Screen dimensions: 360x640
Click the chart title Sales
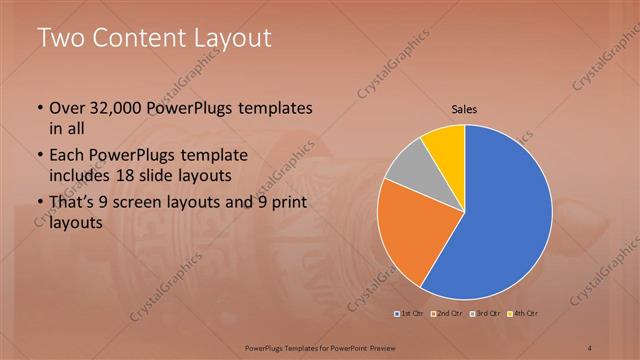(464, 108)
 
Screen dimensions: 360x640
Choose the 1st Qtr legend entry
(409, 314)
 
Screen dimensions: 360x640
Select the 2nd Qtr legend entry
(447, 314)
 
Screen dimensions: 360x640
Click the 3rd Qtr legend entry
(486, 314)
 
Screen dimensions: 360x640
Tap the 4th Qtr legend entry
(525, 314)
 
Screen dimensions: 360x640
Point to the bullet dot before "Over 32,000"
(39, 108)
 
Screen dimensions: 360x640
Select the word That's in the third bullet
(73, 203)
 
